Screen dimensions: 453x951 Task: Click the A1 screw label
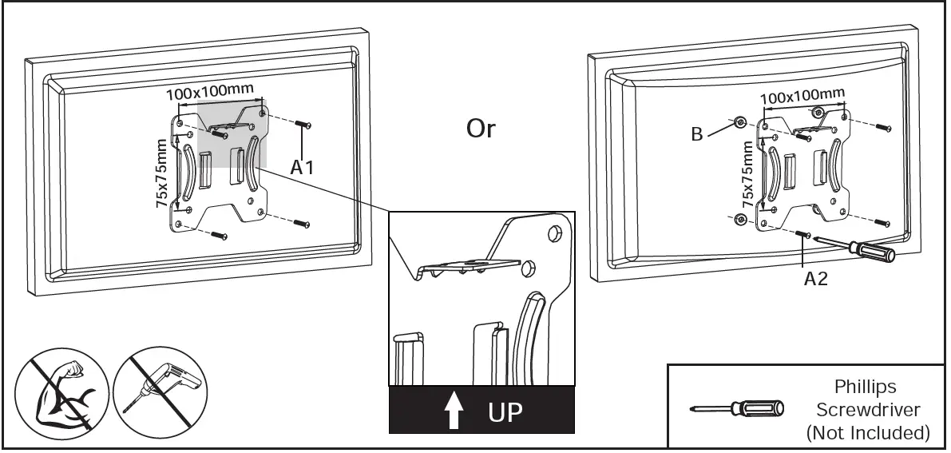coord(302,169)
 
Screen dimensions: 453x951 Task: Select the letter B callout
coord(697,134)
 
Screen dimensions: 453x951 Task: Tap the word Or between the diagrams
coord(481,129)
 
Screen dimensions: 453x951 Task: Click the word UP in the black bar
coord(505,413)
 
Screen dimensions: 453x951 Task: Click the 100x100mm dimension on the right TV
coord(802,97)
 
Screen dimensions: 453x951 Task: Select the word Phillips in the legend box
coord(866,387)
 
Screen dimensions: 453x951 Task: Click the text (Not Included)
coord(868,432)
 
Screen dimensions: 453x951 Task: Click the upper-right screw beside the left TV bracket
coord(303,125)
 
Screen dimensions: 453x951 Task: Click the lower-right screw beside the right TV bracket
coord(882,221)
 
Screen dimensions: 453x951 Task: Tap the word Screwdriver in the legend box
coord(867,409)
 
